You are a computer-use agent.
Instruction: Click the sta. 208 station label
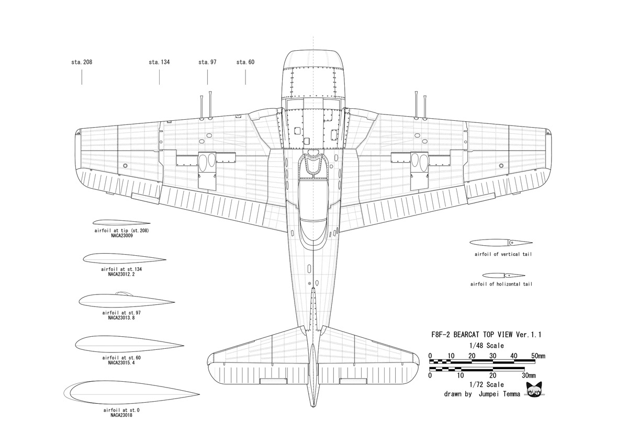point(82,62)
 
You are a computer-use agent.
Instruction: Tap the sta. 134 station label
point(159,62)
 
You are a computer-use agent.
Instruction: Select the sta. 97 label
point(207,62)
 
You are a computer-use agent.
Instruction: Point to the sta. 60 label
point(245,62)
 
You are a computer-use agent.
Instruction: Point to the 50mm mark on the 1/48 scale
point(537,356)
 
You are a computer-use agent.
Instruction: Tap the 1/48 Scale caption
point(487,345)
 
